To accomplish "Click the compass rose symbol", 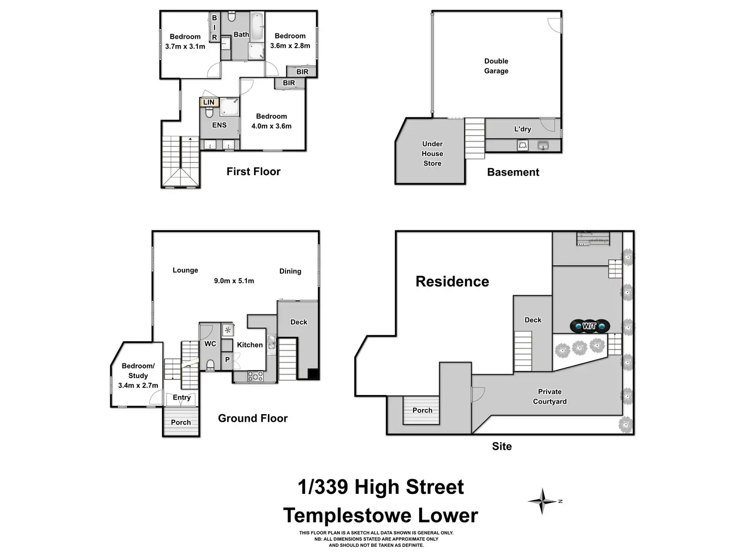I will point(542,501).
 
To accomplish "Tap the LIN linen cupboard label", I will point(209,102).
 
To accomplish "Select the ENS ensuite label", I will point(219,125).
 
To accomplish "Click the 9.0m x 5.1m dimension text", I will point(234,281).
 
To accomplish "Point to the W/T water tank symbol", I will point(589,326).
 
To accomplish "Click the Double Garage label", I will point(496,66).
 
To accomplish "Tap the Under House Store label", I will point(432,153).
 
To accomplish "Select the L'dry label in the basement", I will point(522,129).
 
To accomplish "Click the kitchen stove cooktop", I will point(255,376).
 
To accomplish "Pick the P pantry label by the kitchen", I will point(227,360).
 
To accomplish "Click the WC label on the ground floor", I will point(210,344).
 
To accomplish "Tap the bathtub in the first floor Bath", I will point(257,27).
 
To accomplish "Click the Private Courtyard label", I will point(550,396).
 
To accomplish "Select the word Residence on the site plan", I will point(452,282).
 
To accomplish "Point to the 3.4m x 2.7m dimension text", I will point(138,385).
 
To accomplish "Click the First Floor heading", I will point(253,172).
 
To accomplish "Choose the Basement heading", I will point(513,172).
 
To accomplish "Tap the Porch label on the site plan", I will point(422,411).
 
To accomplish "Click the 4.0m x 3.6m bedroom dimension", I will point(271,126).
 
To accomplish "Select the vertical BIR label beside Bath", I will point(214,28).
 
